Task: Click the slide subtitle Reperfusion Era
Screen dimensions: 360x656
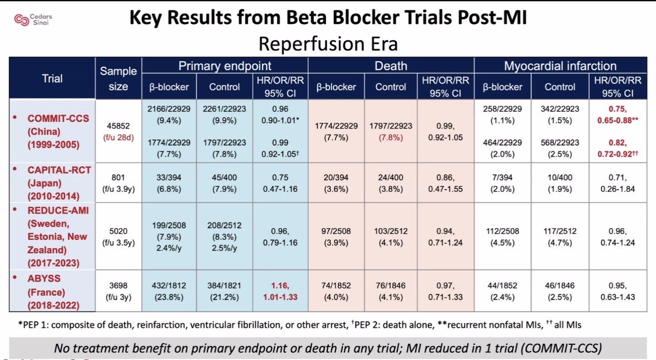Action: click(328, 43)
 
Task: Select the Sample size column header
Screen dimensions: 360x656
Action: click(118, 78)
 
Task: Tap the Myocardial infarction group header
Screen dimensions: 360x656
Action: click(560, 66)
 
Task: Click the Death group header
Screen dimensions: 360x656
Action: click(391, 66)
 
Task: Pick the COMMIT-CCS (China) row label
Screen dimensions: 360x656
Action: click(51, 131)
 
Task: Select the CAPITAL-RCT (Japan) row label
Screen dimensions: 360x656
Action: click(51, 183)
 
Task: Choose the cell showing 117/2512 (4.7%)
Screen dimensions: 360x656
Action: click(560, 237)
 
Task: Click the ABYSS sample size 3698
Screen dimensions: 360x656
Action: click(118, 285)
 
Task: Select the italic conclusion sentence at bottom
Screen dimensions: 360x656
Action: click(328, 348)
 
